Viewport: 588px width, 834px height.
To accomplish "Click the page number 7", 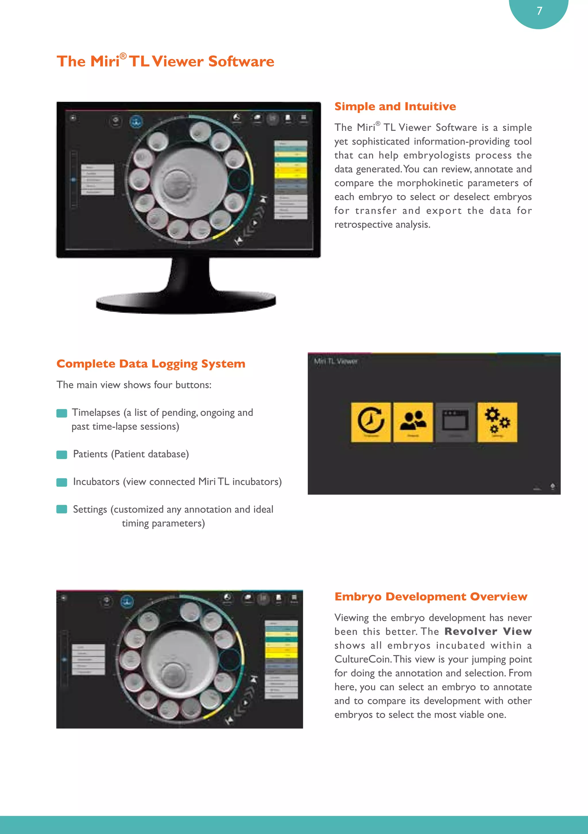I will click(x=539, y=11).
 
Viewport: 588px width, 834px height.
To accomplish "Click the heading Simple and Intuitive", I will click(x=395, y=106).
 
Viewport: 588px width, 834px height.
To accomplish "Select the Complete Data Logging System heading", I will click(x=151, y=364).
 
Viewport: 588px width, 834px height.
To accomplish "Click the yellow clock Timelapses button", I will click(x=371, y=422).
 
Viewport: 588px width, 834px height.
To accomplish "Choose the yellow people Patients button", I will click(x=413, y=422).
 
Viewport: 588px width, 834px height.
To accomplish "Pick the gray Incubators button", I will click(x=455, y=422).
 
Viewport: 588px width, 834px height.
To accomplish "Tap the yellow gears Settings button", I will click(x=497, y=422).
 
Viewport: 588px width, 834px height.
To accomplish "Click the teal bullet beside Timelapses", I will click(x=62, y=413).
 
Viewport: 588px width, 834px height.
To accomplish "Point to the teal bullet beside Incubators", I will click(x=62, y=482).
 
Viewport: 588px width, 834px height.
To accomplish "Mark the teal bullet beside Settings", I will click(x=62, y=509).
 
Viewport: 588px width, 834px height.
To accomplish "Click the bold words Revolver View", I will click(x=488, y=632).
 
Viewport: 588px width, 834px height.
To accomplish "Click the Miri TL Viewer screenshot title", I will click(x=336, y=361).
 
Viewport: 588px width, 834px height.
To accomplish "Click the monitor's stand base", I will click(x=186, y=302).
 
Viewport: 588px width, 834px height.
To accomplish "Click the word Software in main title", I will click(x=241, y=61).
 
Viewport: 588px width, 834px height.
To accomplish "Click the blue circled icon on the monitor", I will click(x=136, y=122).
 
